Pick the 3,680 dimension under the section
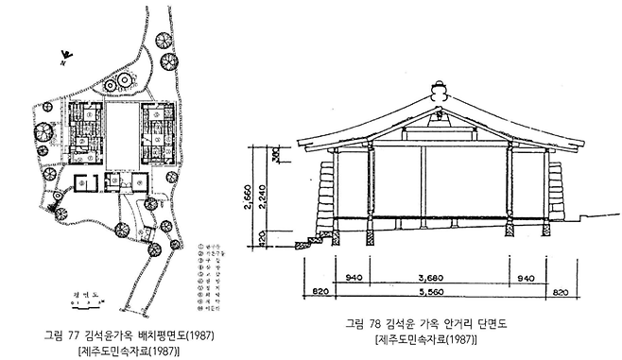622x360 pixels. pos(429,280)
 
